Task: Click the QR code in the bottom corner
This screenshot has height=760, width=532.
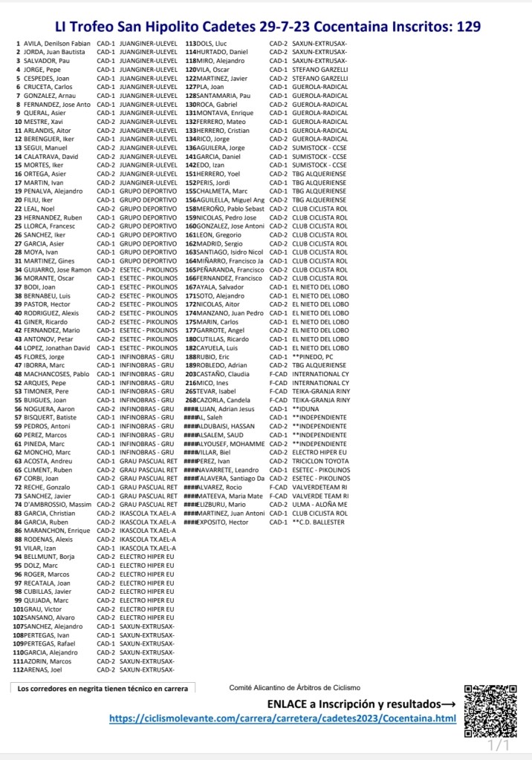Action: click(x=490, y=710)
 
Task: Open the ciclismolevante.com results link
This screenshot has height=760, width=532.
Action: click(x=282, y=718)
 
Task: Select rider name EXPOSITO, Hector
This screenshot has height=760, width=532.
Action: click(x=227, y=522)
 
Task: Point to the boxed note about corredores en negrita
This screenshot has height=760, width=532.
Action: click(x=103, y=689)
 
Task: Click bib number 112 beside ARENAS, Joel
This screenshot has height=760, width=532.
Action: click(x=19, y=669)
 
